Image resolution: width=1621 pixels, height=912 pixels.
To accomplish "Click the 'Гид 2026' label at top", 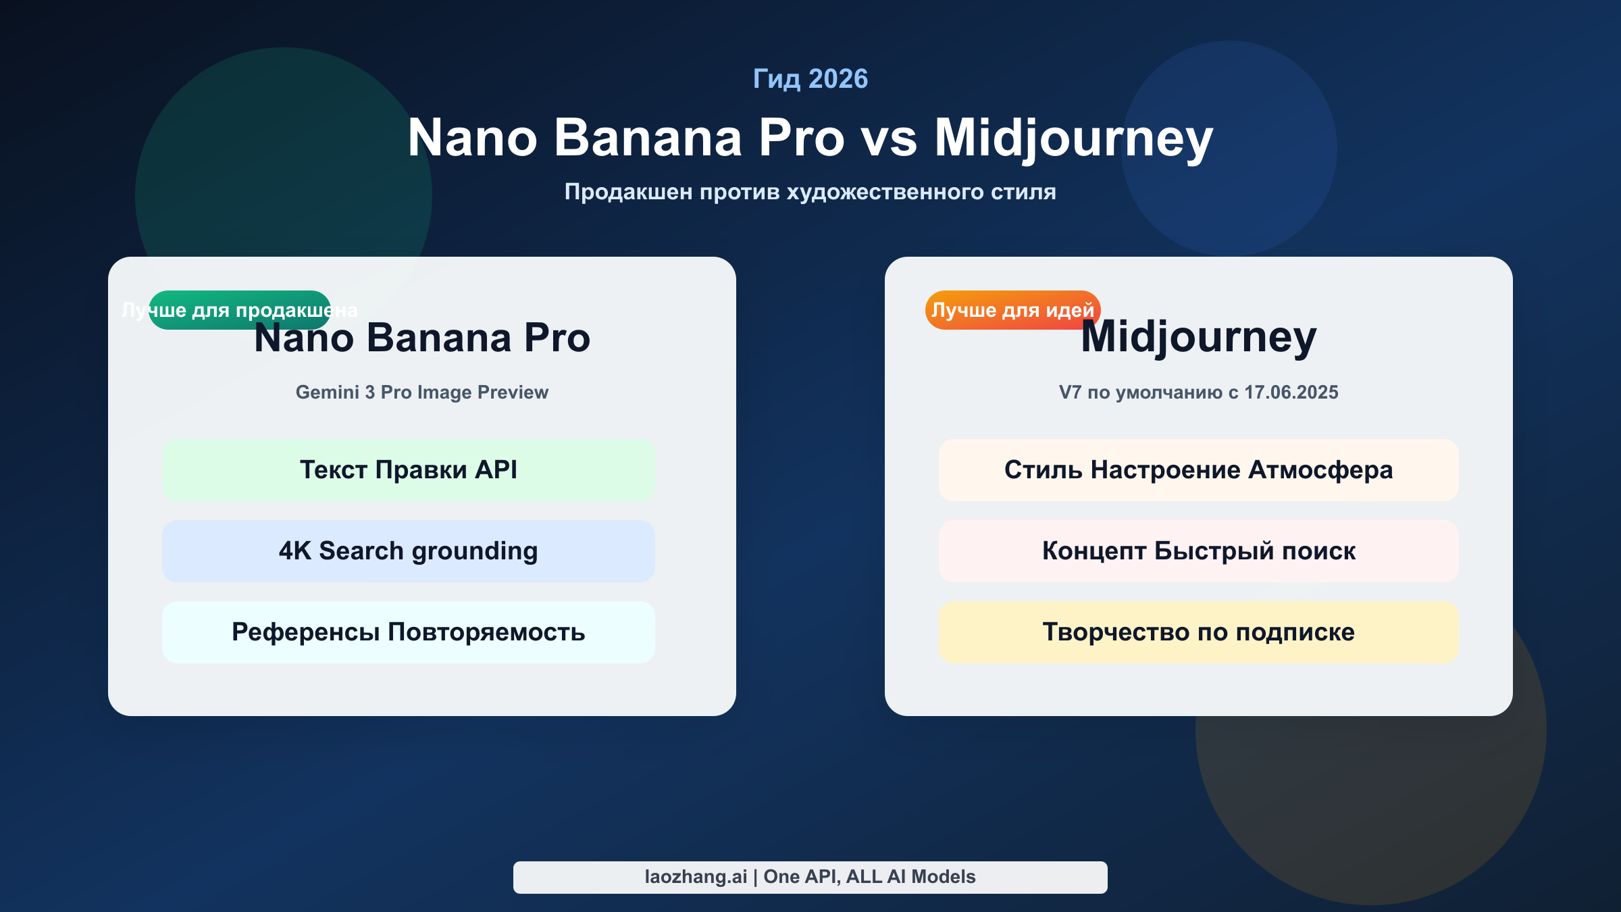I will click(810, 79).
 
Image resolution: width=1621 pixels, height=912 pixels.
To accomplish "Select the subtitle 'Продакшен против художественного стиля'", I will click(810, 192).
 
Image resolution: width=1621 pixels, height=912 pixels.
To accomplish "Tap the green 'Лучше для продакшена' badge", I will click(240, 310).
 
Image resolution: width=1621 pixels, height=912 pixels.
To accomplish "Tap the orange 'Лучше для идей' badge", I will click(1012, 310).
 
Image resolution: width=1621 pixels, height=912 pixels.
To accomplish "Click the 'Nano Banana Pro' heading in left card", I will click(422, 338).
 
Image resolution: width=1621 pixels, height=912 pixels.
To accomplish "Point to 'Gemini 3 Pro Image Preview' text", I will click(422, 392).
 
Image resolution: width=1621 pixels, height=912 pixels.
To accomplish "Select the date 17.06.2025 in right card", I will click(1291, 392).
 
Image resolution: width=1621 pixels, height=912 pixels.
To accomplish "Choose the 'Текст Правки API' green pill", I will click(409, 470).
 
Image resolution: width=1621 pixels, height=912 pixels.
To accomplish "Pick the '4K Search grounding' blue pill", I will click(409, 551).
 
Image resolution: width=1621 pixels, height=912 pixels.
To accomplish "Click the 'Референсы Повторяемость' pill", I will click(409, 632).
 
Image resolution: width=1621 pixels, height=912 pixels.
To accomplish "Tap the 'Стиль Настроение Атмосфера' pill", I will click(1198, 470).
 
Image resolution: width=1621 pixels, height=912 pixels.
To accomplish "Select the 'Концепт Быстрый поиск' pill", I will click(1198, 551).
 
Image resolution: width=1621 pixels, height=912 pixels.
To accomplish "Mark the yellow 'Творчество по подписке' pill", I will click(1198, 632).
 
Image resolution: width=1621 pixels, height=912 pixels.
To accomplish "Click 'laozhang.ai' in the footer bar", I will click(696, 877).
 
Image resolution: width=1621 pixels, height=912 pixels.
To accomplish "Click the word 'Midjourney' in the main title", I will click(1073, 138).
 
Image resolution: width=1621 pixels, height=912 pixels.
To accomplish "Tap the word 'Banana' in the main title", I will click(648, 138).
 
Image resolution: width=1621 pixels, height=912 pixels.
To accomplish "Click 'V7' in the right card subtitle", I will click(1070, 392).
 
